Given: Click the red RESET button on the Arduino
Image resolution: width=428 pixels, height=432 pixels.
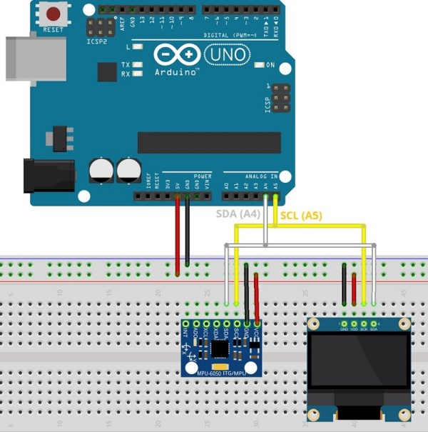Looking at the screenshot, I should (x=53, y=14).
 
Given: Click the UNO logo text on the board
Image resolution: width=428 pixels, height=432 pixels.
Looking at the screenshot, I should (x=227, y=54).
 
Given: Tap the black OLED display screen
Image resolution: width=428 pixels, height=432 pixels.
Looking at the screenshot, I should (x=360, y=368).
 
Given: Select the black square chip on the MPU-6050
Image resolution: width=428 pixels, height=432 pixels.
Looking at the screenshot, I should (x=220, y=348).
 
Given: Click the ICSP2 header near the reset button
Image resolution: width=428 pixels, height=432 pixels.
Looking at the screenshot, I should (x=101, y=28).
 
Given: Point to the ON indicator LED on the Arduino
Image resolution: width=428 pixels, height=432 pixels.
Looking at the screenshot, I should (x=258, y=65).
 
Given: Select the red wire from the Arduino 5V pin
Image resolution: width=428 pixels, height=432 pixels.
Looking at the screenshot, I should (x=177, y=236).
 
